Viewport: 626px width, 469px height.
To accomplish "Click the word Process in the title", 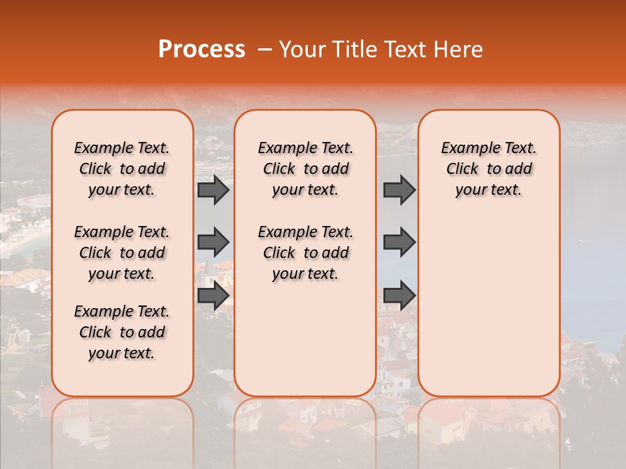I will click(201, 50).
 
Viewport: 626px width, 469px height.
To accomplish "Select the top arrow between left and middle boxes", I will click(213, 190).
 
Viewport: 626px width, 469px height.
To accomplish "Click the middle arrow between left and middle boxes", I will click(213, 242).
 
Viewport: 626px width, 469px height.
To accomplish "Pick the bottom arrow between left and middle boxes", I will click(213, 296).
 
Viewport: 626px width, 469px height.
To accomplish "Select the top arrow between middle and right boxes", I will click(399, 190).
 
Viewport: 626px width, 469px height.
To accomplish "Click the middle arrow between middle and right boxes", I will click(399, 242).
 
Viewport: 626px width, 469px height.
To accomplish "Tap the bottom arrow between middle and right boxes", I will click(399, 295).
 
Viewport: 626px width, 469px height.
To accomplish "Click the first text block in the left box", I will click(122, 169).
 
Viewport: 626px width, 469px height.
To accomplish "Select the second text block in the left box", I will click(122, 253).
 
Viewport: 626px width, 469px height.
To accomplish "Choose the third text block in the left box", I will click(122, 332).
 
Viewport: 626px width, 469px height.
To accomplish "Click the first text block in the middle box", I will click(306, 169).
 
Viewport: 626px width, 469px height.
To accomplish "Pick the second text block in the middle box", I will click(306, 253).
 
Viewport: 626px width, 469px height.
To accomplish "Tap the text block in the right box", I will click(489, 169).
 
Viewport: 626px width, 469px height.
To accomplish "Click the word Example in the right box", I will click(468, 149).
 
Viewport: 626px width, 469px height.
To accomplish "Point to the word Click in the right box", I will click(462, 169).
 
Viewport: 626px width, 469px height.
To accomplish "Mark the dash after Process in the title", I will click(265, 50).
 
